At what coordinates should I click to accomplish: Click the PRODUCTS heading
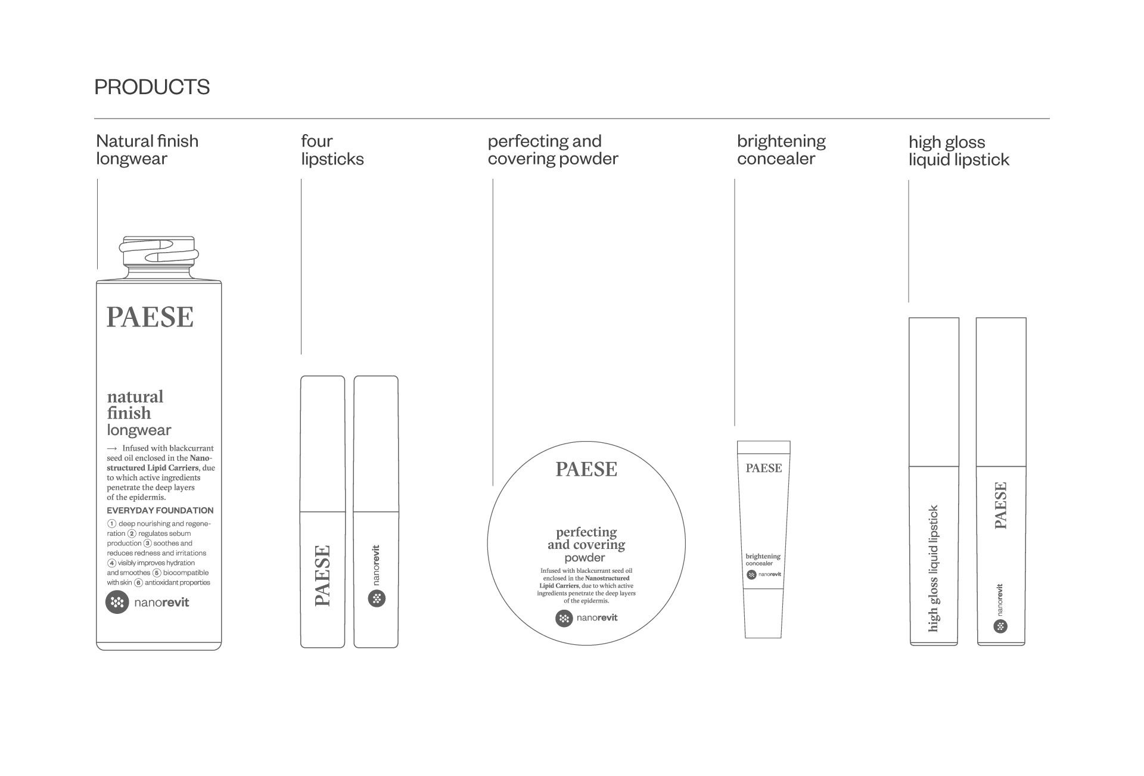pos(152,87)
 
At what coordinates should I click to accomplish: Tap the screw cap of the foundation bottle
pos(159,251)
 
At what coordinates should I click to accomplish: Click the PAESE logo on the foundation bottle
pos(150,317)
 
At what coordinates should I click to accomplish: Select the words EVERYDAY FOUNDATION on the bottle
pos(160,510)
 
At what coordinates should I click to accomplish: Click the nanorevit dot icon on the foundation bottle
pos(117,602)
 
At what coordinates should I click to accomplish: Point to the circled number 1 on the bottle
pos(111,524)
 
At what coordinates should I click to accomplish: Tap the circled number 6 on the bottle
pos(138,582)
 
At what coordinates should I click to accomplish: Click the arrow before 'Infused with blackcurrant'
pos(112,448)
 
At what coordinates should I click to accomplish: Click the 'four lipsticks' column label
pos(332,150)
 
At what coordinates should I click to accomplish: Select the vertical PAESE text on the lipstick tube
pos(322,576)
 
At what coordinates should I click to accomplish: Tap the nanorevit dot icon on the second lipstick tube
pos(377,598)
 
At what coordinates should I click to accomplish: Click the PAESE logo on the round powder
pos(586,470)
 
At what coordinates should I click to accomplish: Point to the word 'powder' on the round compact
pos(585,558)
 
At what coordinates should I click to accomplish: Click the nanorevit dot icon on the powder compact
pos(564,619)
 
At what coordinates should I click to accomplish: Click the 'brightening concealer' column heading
pos(781,150)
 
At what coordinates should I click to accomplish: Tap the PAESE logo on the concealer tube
pos(764,468)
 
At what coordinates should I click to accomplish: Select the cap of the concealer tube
pos(764,448)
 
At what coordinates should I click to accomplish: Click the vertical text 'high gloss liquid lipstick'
pos(934,569)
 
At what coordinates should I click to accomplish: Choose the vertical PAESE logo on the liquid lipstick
pos(1001,505)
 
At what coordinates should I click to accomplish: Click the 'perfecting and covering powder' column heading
pos(553,150)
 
